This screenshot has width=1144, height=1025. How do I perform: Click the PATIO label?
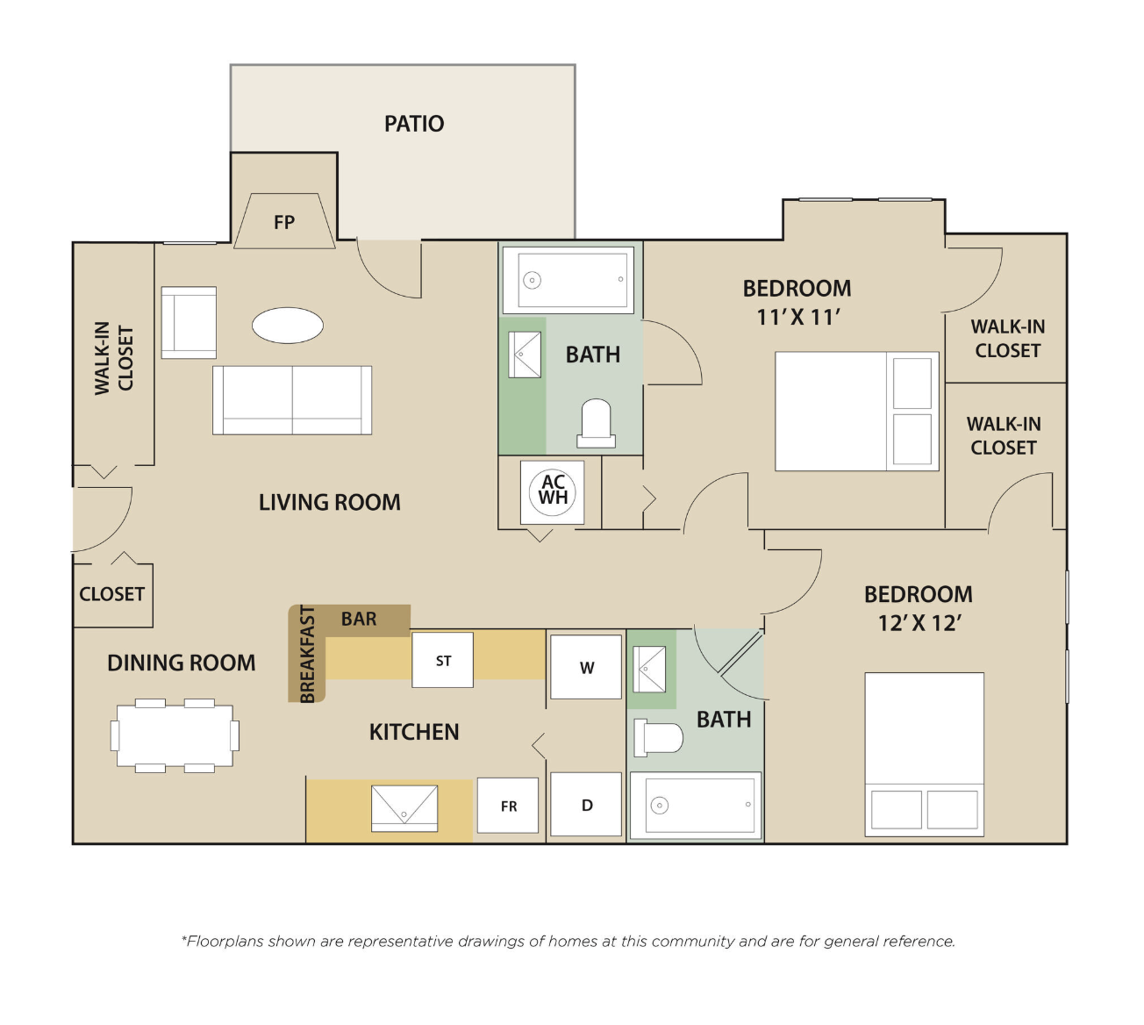click(x=414, y=124)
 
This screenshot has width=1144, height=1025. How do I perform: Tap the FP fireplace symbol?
click(x=284, y=221)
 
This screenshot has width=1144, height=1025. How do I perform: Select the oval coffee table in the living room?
click(x=288, y=326)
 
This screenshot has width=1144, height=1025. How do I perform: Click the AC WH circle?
click(x=552, y=492)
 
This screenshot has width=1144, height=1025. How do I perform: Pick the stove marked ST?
click(x=443, y=660)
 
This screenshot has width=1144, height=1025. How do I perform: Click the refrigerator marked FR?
click(x=508, y=806)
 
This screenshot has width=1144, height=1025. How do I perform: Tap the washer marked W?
click(x=586, y=667)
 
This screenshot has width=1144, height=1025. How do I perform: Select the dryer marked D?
click(x=586, y=804)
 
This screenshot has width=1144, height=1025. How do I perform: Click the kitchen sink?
click(x=404, y=808)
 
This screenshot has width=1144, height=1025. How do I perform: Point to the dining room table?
click(x=175, y=735)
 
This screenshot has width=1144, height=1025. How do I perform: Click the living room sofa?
click(x=292, y=400)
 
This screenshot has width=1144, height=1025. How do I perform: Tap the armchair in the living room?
click(x=189, y=322)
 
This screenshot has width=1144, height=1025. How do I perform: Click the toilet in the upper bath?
click(x=596, y=423)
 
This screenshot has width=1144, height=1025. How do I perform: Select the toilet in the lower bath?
click(x=658, y=737)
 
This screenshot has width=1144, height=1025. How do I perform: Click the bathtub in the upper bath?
click(x=568, y=280)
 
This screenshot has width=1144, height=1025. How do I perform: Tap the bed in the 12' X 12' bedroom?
click(x=925, y=754)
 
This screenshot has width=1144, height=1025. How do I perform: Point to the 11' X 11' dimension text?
click(x=797, y=318)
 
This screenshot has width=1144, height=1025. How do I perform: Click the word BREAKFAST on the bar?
click(x=307, y=654)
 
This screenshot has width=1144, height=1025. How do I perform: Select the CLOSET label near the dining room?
click(x=111, y=594)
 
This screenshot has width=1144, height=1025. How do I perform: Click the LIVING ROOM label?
click(x=330, y=502)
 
